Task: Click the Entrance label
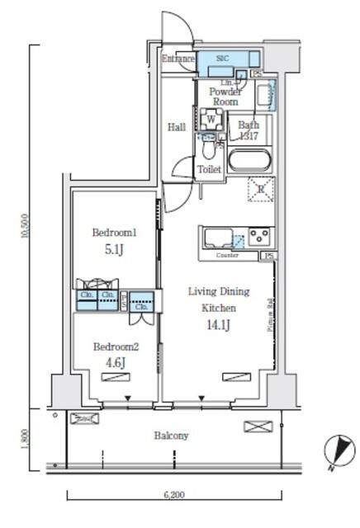178,59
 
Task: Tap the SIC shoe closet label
222,59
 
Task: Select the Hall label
176,127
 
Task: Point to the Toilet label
209,169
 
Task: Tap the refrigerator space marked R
260,190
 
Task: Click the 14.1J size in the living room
219,323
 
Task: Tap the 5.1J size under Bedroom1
114,249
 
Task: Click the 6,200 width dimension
173,495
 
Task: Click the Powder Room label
225,97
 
